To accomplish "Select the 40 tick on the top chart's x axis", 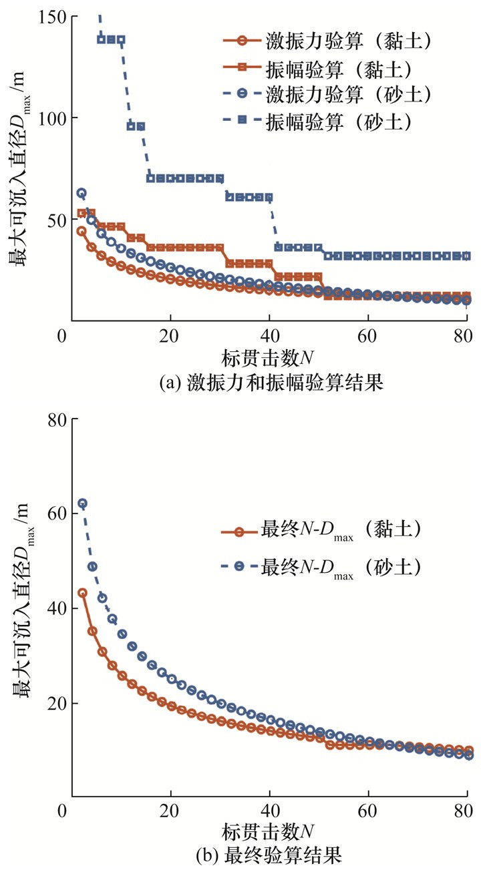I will point(269,336).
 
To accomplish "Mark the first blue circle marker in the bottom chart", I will point(82,503).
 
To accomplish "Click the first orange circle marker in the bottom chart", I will point(82,593).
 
